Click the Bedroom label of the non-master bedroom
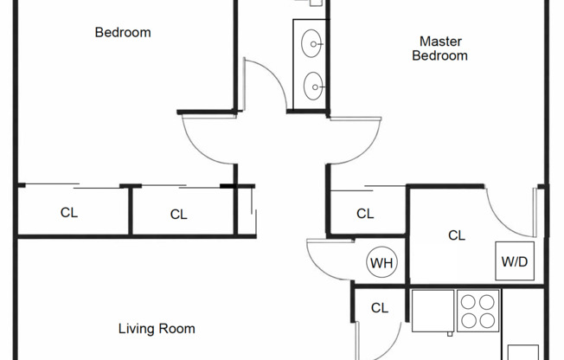coord(122,33)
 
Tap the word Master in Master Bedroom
coord(439,41)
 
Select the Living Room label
coord(157,329)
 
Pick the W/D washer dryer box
coord(514,260)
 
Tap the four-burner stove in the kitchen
coord(477,312)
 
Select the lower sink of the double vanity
coord(312,84)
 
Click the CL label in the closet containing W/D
coord(457,235)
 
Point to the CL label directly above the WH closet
coord(365,214)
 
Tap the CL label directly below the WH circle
coord(379,307)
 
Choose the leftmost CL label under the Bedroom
coord(69,212)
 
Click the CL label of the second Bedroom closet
coord(178,214)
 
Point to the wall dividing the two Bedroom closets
coord(131,210)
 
